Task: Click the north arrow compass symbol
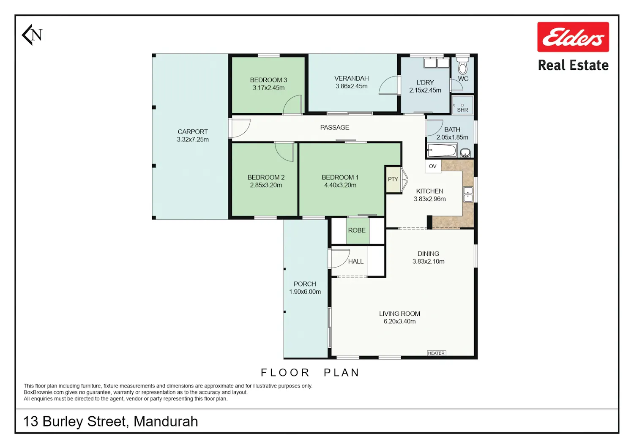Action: tap(32, 35)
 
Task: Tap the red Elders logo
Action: tap(573, 37)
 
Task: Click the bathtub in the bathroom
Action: tap(442, 150)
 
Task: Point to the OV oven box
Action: tap(433, 167)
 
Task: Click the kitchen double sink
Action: tap(467, 194)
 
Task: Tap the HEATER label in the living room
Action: tap(436, 353)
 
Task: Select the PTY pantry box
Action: tap(393, 180)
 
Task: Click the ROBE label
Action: tap(357, 230)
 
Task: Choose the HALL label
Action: tap(355, 262)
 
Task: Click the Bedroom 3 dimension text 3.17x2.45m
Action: tap(268, 88)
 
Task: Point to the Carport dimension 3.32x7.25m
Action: tap(193, 139)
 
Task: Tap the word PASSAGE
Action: tap(335, 128)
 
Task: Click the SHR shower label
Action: tap(462, 110)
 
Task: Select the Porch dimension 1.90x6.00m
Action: tap(305, 292)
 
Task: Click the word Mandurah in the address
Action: tap(166, 421)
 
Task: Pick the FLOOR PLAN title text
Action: tap(310, 373)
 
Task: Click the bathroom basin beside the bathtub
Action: tap(465, 153)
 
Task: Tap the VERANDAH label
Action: tap(352, 78)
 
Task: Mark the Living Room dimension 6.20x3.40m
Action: tap(400, 322)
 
